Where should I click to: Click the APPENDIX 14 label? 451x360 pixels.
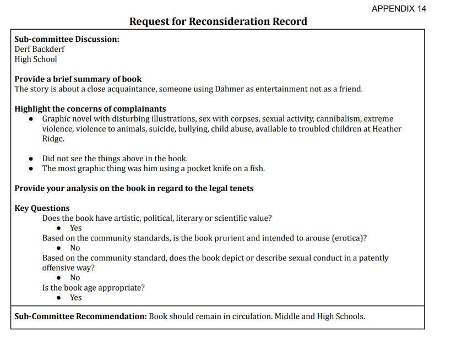399,8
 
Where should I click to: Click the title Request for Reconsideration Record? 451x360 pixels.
218,21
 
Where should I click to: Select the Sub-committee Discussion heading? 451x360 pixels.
67,39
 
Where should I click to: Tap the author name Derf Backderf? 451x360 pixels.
40,49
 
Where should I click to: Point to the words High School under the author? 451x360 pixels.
36,59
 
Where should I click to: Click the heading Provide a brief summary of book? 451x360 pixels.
78,79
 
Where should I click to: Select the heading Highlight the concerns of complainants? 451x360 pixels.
90,108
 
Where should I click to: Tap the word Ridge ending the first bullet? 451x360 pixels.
53,139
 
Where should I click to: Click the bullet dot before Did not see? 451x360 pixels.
31,159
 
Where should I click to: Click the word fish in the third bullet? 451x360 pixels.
257,168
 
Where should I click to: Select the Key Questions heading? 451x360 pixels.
42,208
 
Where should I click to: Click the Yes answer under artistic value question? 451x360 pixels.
75,228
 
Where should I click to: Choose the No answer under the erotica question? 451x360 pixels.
75,248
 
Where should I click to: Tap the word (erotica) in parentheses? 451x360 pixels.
349,238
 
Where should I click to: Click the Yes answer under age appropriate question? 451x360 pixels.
75,297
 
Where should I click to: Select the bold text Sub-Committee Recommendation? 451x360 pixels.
80,317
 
